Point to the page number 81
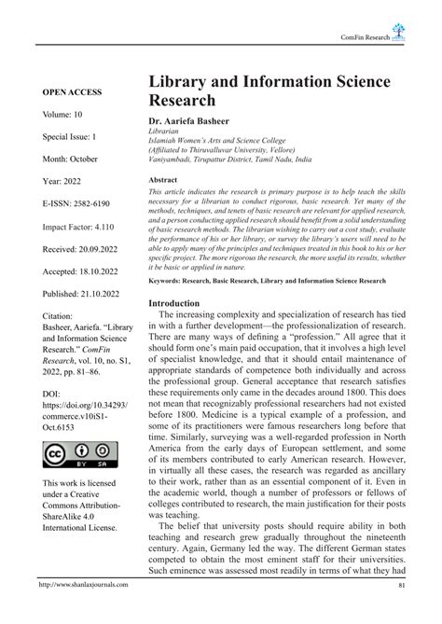[401, 612]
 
